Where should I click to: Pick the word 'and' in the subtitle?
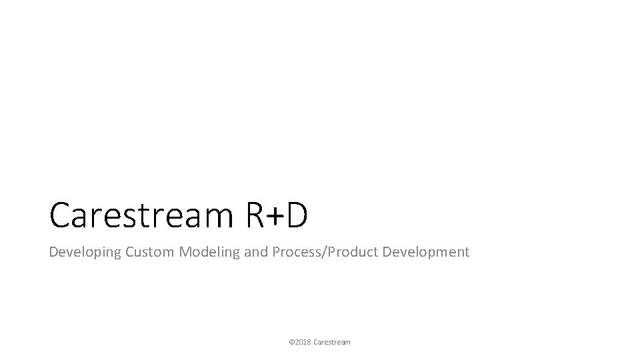click(240, 252)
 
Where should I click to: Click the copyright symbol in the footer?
click(291, 342)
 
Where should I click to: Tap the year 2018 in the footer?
click(303, 342)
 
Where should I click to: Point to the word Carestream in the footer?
click(331, 342)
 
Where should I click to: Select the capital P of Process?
click(260, 252)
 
